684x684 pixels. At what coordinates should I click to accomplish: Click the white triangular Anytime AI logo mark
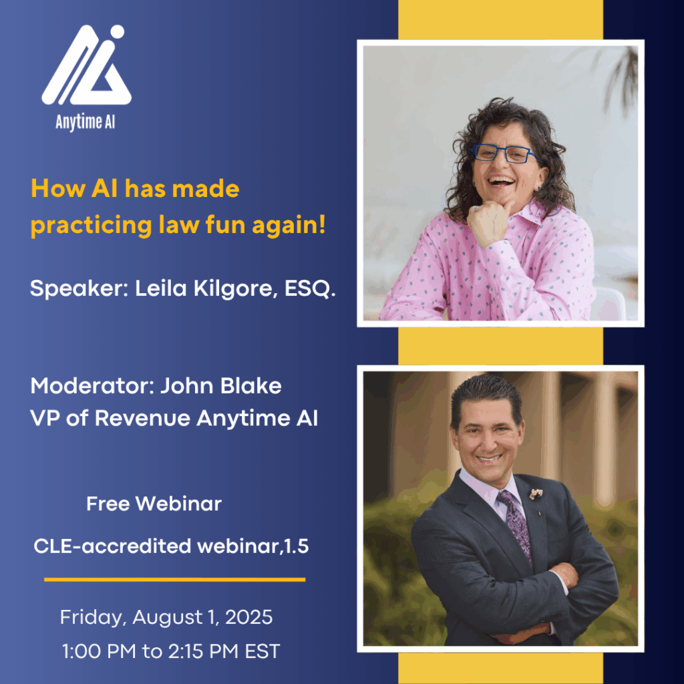86,65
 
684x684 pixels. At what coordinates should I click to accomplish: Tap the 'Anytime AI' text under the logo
85,123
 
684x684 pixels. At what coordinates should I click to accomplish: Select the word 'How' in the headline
58,189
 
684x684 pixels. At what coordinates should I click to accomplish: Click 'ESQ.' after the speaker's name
310,289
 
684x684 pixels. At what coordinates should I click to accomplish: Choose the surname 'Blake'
251,386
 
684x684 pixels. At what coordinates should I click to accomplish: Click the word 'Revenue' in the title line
142,418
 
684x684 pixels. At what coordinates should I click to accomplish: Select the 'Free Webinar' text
154,504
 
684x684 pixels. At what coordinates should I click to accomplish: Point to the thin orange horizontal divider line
174,580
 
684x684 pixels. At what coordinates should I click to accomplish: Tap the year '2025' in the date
248,617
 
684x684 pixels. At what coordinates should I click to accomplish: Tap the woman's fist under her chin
488,220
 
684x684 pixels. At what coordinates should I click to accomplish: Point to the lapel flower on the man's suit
536,494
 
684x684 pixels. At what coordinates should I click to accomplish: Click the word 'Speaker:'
79,289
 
